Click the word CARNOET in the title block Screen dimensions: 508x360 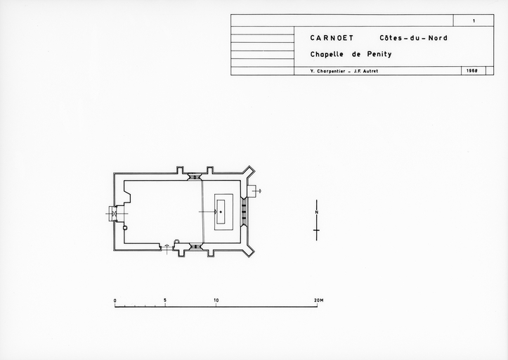(x=332, y=38)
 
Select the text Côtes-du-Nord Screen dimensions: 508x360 (x=413, y=38)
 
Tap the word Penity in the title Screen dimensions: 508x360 (x=379, y=54)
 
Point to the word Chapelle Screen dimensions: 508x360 (x=327, y=54)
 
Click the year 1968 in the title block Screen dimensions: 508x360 (x=472, y=71)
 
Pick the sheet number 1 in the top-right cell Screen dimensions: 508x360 (x=474, y=21)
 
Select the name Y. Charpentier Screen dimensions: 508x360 (x=327, y=71)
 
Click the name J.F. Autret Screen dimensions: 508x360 (x=366, y=71)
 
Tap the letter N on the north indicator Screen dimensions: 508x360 (x=316, y=212)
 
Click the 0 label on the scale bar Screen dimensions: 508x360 (x=115, y=301)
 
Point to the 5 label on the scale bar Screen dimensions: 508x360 (x=165, y=300)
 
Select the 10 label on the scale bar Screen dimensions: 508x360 (x=216, y=300)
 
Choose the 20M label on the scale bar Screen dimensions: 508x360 (x=318, y=300)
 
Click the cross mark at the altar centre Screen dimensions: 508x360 (x=221, y=212)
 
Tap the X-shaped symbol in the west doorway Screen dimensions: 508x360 (x=114, y=214)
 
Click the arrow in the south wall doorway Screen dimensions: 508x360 (x=167, y=248)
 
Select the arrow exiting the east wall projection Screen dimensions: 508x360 (x=257, y=191)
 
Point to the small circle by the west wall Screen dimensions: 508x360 (x=125, y=228)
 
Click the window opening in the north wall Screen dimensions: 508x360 (x=195, y=176)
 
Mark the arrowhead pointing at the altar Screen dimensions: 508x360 (x=216, y=212)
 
